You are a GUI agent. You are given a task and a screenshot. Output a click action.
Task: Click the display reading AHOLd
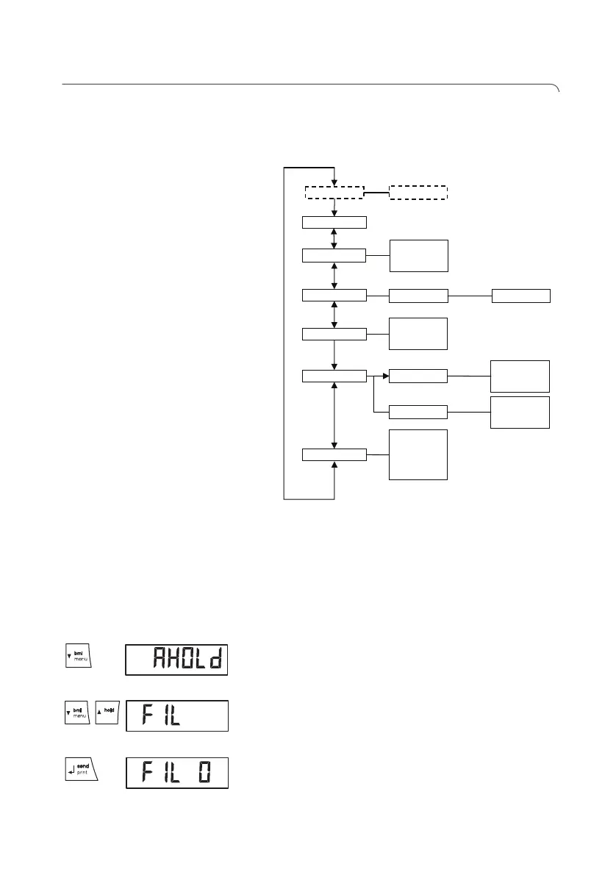tap(176, 659)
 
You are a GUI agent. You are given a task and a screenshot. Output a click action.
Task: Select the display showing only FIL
tap(176, 715)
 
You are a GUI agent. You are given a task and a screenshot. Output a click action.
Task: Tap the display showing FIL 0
tap(176, 773)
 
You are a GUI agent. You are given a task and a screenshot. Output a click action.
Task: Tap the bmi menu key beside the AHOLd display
tap(76, 654)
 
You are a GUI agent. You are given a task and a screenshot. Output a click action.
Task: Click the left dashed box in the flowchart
tap(334, 192)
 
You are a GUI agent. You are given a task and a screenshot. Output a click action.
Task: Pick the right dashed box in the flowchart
tap(418, 192)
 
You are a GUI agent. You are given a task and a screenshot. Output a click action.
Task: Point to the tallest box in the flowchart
tap(418, 454)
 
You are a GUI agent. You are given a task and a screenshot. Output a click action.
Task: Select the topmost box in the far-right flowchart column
tap(520, 296)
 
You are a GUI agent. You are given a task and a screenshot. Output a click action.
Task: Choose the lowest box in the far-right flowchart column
tap(520, 412)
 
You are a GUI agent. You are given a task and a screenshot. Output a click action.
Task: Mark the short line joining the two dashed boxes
tap(376, 193)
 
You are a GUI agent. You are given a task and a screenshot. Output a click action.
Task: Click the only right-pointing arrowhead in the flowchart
tap(384, 376)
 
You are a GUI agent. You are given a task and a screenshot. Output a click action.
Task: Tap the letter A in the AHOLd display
tap(160, 659)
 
